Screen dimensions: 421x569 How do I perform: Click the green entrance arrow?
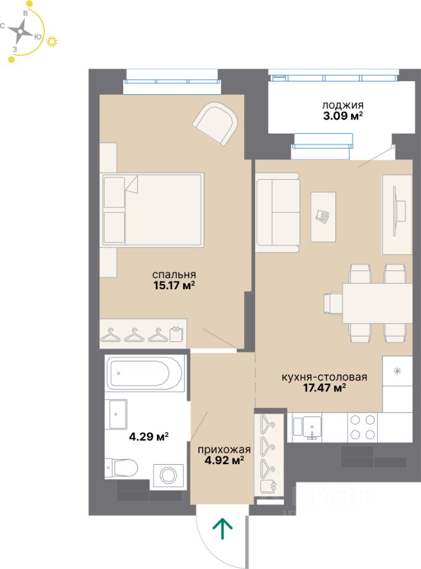(x=222, y=529)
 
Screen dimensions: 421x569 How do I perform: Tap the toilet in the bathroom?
(x=121, y=468)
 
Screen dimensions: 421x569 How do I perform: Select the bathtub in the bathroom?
(x=146, y=374)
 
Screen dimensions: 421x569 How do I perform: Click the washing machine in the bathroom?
(x=169, y=475)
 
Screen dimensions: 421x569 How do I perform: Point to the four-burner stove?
(x=361, y=427)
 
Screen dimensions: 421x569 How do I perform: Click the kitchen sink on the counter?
(x=307, y=427)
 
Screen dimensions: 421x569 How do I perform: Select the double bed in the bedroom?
(x=152, y=210)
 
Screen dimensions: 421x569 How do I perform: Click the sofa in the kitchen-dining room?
(x=277, y=213)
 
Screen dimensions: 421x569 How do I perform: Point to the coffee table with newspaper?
(x=323, y=217)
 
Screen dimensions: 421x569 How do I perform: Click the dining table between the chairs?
(x=377, y=303)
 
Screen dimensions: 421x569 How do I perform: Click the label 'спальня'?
(x=174, y=274)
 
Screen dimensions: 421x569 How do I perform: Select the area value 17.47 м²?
(x=324, y=388)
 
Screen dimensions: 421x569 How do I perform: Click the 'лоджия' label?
(x=343, y=106)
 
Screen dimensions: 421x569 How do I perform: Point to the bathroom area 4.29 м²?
(x=149, y=436)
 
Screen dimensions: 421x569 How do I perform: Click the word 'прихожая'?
(x=224, y=450)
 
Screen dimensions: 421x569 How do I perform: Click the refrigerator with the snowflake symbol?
(x=397, y=384)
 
